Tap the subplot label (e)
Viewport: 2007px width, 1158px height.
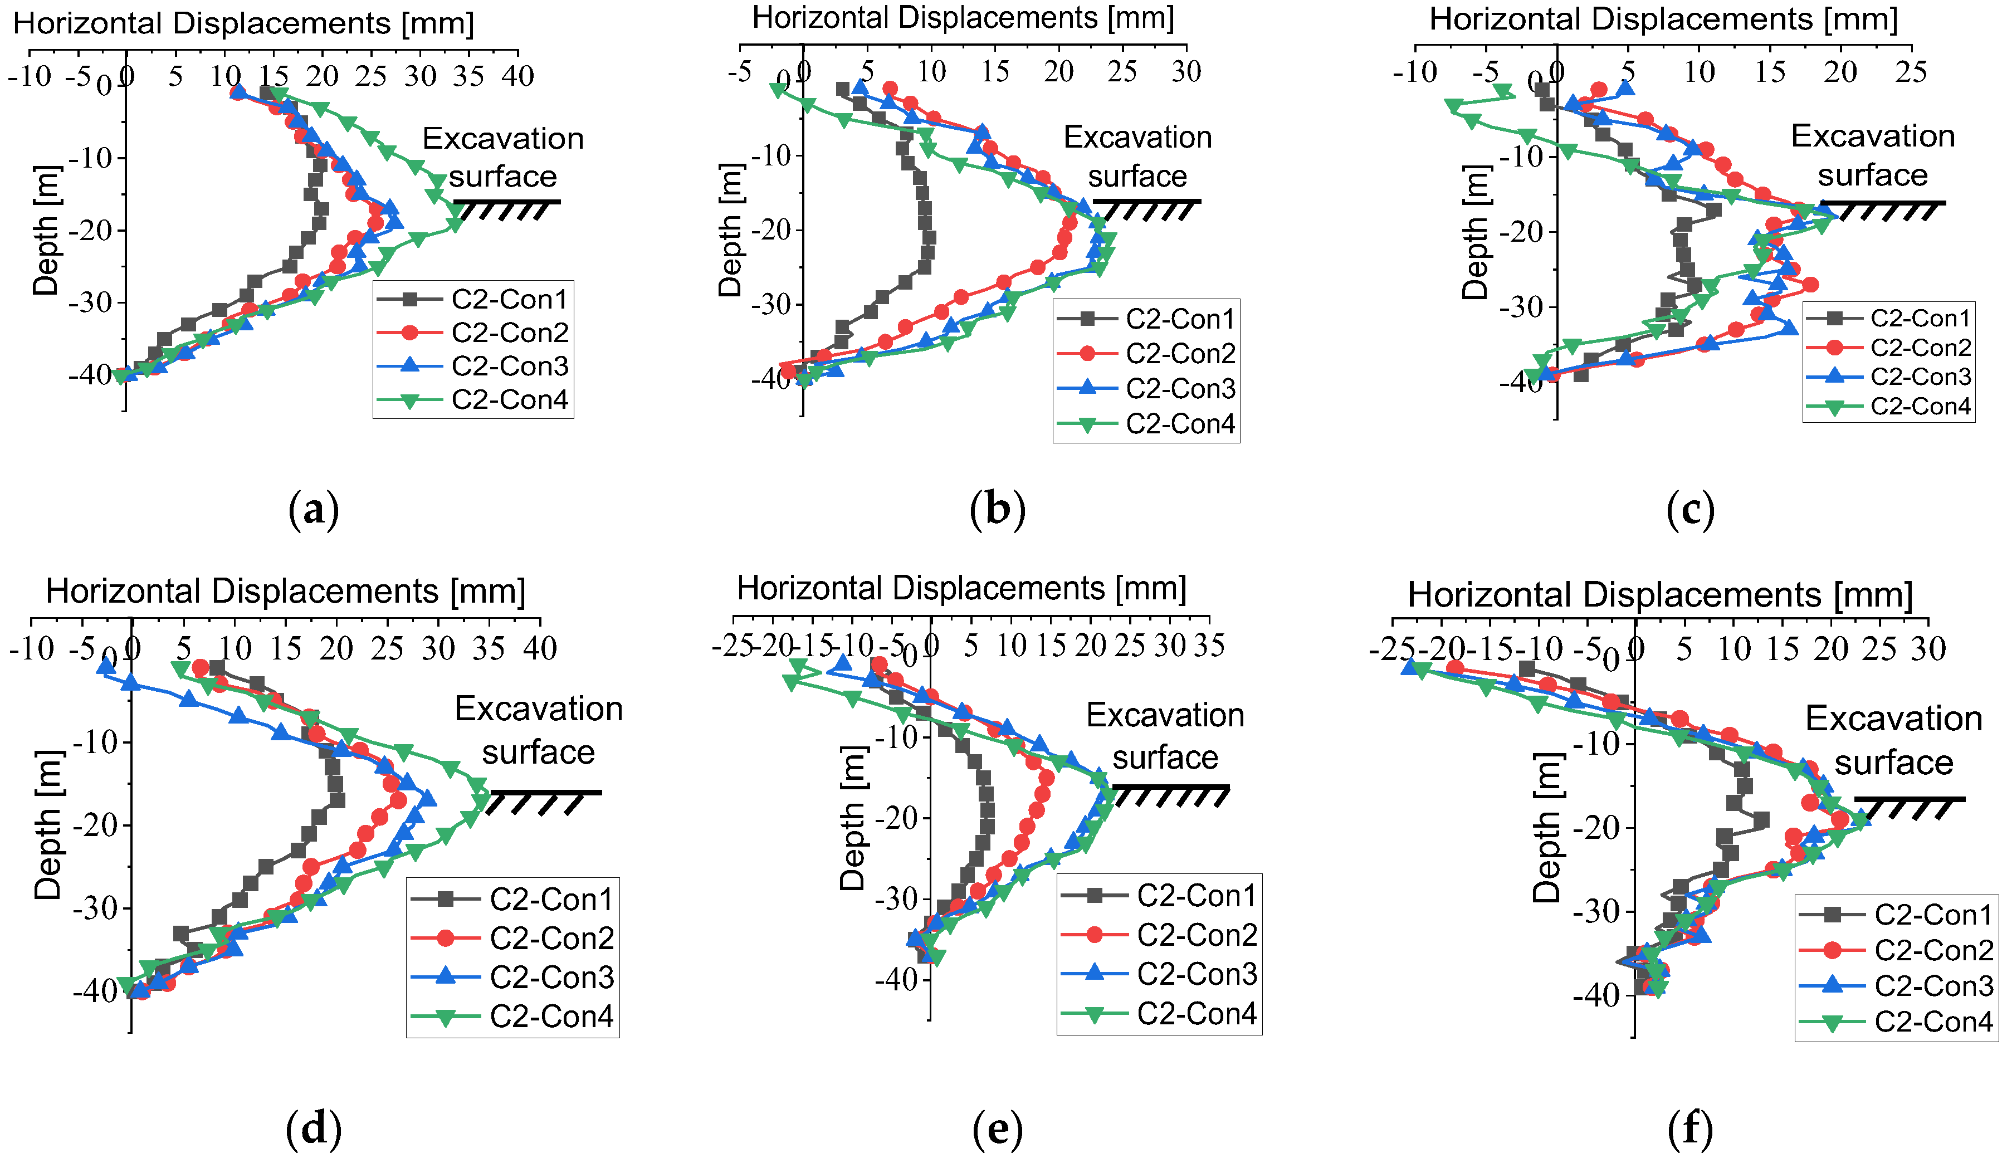click(x=997, y=1130)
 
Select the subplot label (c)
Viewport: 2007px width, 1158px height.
click(x=1689, y=510)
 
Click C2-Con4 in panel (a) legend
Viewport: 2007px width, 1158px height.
click(x=510, y=400)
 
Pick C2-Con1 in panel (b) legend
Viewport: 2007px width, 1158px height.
click(x=1180, y=319)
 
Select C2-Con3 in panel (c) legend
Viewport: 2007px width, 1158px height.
click(x=1920, y=377)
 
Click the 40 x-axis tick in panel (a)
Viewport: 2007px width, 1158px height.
click(x=517, y=76)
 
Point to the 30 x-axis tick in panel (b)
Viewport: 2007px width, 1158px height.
click(x=1185, y=72)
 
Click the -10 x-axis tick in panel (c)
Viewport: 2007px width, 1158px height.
click(x=1415, y=72)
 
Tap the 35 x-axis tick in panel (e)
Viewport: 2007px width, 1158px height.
click(x=1209, y=646)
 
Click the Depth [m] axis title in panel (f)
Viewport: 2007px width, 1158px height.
click(x=1546, y=828)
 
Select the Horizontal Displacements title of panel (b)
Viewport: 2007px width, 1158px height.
click(x=963, y=17)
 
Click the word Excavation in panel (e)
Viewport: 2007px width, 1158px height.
click(x=1165, y=715)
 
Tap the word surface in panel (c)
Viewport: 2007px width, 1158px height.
click(x=1873, y=175)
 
